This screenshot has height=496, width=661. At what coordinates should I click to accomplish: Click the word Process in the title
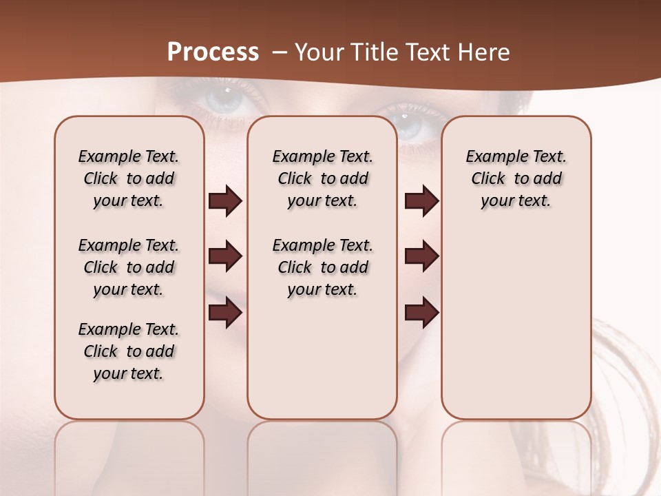coord(213,52)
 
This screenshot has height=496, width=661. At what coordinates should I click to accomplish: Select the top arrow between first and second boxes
coord(225,201)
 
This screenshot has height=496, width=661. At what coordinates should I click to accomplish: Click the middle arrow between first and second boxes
coord(225,257)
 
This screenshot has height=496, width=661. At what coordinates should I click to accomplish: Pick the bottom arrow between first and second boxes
coord(225,313)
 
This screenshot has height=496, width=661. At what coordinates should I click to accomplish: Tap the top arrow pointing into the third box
coord(421,201)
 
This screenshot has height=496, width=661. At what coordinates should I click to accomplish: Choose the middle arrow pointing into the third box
coord(421,257)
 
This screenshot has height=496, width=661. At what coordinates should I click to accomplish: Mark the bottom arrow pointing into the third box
coord(421,313)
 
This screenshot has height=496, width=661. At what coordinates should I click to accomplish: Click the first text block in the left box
coord(129,178)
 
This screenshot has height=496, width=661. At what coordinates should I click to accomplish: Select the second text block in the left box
coord(129,267)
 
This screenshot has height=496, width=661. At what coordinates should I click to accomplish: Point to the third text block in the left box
coord(129,351)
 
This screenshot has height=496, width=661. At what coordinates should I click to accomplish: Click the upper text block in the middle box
coord(322,178)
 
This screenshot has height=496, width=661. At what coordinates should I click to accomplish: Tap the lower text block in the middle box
coord(322,267)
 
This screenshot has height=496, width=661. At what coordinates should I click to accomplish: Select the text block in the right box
coord(516,178)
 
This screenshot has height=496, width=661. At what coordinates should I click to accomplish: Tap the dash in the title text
coord(280,52)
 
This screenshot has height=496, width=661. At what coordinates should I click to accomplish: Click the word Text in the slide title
coord(426,52)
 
